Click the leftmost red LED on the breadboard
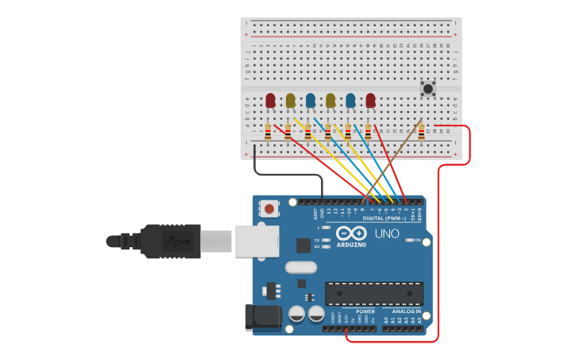270,100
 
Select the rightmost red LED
370,100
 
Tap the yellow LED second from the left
290,100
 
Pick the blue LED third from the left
311,100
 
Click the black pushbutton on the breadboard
428,88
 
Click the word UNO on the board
386,234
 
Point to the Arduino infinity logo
350,234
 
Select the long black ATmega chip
373,293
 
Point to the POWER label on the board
365,312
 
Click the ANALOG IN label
406,312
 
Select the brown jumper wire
397,159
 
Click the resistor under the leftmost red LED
268,134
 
